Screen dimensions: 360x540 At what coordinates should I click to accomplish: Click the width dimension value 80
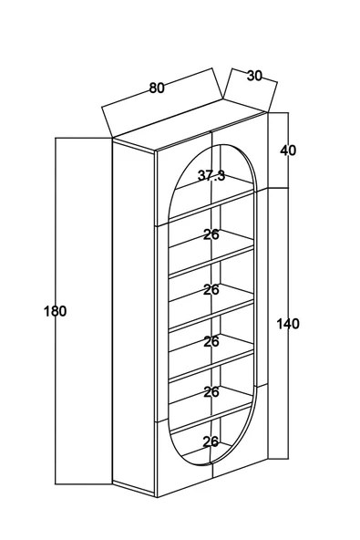tap(157, 88)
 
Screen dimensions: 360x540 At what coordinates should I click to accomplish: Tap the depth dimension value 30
tap(254, 76)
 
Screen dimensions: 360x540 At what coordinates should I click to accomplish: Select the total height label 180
tap(55, 311)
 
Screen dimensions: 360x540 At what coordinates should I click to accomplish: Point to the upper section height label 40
tap(288, 151)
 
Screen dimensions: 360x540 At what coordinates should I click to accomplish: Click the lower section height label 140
tap(288, 324)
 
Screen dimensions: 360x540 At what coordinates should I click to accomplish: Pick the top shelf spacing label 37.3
tap(211, 176)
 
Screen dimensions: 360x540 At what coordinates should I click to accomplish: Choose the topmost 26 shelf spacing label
tap(211, 234)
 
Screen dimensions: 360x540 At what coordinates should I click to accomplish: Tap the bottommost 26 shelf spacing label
tap(211, 441)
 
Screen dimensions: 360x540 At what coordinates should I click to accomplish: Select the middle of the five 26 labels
tap(211, 342)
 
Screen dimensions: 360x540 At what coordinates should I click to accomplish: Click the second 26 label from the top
tap(211, 290)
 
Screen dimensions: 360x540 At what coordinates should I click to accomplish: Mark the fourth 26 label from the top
tap(211, 392)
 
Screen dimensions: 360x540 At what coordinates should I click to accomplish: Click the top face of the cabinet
tap(190, 125)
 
